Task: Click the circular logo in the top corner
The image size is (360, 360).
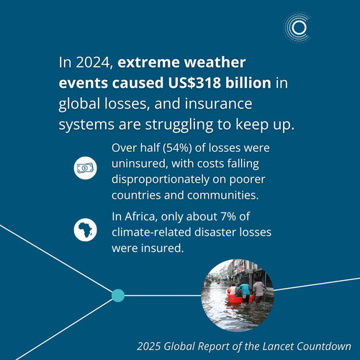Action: pos(297,28)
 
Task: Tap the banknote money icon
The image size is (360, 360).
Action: pos(85,168)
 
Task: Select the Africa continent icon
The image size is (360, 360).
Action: pos(85,230)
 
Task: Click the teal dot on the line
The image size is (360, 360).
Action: pos(118,295)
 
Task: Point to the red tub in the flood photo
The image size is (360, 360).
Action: pos(240,297)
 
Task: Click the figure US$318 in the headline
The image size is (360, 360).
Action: pos(194,83)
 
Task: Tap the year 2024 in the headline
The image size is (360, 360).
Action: pos(94,63)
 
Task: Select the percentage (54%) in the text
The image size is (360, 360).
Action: pos(177,148)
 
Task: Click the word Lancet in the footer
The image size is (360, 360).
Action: pos(278,346)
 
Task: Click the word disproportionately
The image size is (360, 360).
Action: pos(161,180)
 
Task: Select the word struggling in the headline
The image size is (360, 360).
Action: pos(179,125)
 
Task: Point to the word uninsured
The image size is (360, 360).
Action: pos(139,164)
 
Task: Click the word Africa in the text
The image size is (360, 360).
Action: pos(140,217)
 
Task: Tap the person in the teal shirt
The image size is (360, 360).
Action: pos(244,294)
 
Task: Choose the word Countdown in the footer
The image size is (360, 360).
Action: pos(324,346)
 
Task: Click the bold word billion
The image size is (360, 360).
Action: pos(248,83)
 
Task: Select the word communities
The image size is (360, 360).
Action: pos(223,195)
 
